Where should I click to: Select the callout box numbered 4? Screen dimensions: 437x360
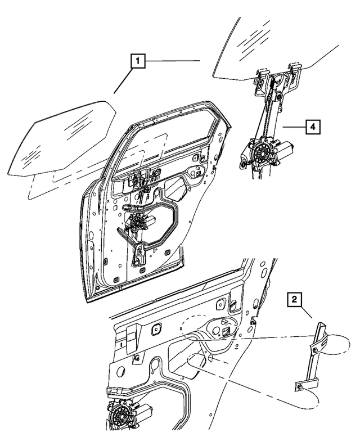pos(314,127)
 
